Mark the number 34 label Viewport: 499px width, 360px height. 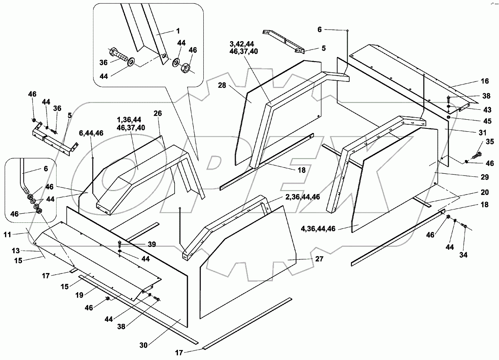[463, 255]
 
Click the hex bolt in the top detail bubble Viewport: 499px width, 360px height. [119, 54]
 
